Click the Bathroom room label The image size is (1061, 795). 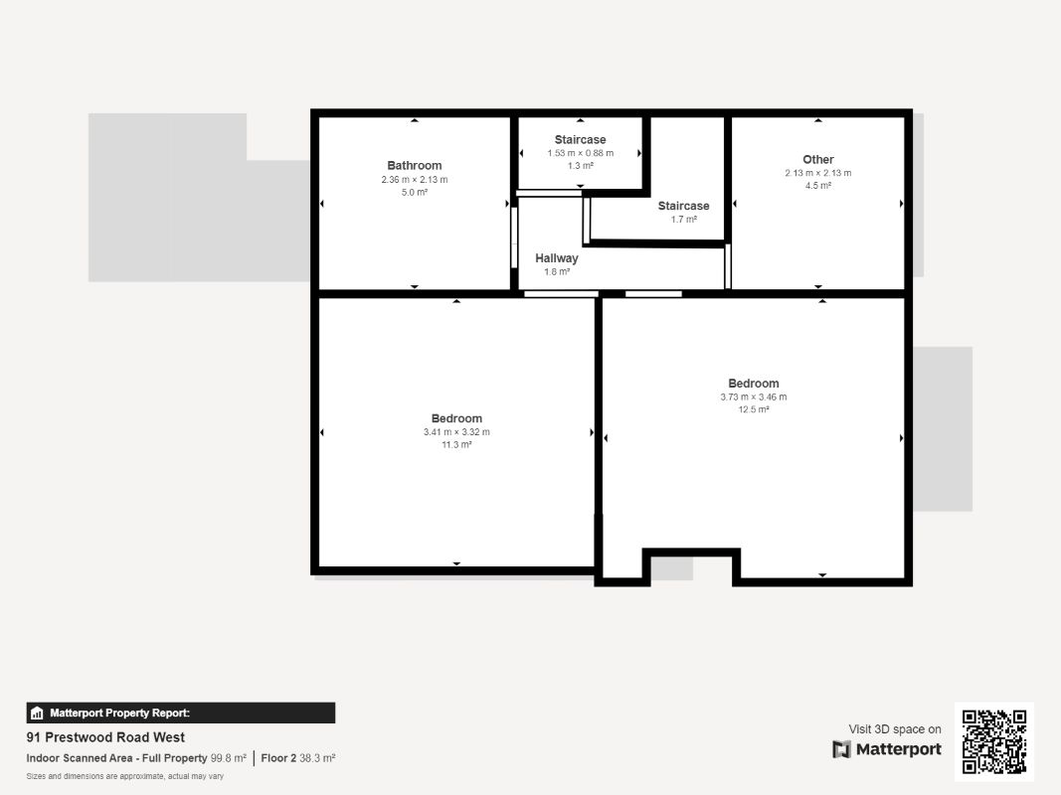click(414, 166)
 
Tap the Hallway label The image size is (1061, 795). click(556, 258)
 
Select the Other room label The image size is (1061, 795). click(817, 160)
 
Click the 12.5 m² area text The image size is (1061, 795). click(753, 409)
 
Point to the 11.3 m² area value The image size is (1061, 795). click(456, 445)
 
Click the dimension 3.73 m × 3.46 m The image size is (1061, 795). click(753, 397)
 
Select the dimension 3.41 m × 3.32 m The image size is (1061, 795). click(456, 432)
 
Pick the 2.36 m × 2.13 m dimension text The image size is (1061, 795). click(414, 180)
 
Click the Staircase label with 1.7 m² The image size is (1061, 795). click(683, 206)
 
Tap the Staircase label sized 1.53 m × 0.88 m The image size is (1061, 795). click(580, 140)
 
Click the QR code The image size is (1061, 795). click(994, 740)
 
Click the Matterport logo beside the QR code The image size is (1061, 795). click(887, 749)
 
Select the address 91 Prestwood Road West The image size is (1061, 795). click(105, 737)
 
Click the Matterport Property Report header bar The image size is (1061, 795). click(180, 713)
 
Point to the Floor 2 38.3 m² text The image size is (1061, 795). click(297, 758)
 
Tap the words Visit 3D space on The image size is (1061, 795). click(894, 729)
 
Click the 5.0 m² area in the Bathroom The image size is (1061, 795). click(414, 192)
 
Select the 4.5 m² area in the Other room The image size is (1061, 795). click(817, 186)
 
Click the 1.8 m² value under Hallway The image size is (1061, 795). click(556, 271)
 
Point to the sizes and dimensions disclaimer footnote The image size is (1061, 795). click(124, 776)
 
